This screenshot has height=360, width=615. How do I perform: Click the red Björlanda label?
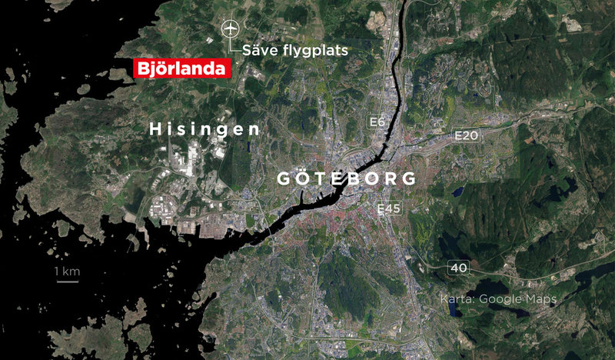(x=182, y=68)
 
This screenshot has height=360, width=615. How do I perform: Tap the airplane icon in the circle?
(x=229, y=29)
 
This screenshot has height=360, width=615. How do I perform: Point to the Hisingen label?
(x=204, y=128)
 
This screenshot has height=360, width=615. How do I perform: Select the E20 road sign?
(x=467, y=136)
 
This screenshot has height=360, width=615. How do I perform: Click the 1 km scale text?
(x=67, y=272)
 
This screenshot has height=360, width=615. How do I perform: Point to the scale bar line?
(x=67, y=282)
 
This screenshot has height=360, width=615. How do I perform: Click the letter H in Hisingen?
(x=155, y=128)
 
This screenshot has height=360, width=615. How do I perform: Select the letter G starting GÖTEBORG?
(x=282, y=178)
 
